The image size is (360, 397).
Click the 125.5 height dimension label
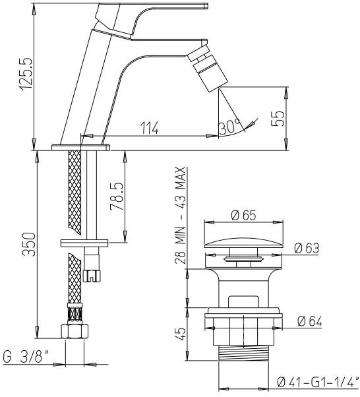(x=26, y=74)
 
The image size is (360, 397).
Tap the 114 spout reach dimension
(x=150, y=128)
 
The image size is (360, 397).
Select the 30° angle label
(x=229, y=127)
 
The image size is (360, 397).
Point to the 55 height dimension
(x=278, y=119)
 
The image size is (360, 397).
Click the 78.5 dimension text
(x=117, y=197)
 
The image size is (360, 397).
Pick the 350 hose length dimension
(x=28, y=244)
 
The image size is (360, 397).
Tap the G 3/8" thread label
(x=26, y=357)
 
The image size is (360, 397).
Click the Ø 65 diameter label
(x=243, y=215)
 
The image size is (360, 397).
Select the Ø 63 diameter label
(x=307, y=249)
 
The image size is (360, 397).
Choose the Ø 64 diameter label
(x=309, y=322)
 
